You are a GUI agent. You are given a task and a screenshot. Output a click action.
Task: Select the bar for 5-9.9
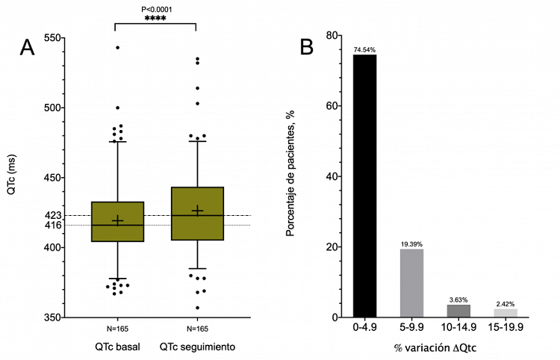click(x=411, y=283)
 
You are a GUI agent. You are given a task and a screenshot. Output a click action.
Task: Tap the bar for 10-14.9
click(x=458, y=311)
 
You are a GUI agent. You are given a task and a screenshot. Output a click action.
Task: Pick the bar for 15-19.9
click(x=505, y=313)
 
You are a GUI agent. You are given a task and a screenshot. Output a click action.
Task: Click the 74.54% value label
click(x=365, y=50)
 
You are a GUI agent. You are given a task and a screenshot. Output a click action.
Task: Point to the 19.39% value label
click(x=411, y=244)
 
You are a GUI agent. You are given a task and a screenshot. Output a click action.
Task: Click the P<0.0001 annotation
click(x=155, y=9)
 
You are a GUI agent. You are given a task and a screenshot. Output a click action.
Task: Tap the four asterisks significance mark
click(x=155, y=18)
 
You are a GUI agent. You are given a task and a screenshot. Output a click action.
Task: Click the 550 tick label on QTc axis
click(x=53, y=37)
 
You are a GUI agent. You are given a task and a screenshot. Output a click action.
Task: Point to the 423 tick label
click(x=53, y=215)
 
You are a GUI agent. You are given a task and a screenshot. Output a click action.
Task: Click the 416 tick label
click(x=53, y=225)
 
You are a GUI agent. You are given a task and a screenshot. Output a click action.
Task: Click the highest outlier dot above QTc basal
click(x=117, y=48)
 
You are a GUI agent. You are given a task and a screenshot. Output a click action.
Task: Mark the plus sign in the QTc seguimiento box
click(x=197, y=211)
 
